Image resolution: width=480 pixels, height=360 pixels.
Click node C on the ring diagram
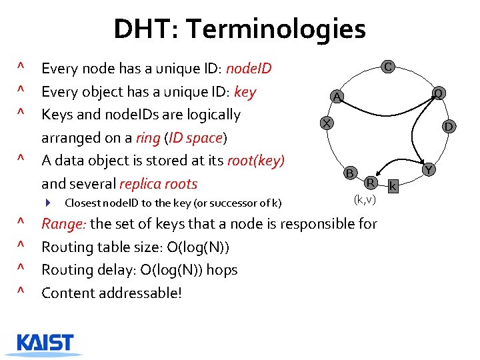point(387,66)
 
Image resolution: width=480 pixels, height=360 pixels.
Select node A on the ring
point(337,97)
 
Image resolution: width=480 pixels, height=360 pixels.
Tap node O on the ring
point(439,93)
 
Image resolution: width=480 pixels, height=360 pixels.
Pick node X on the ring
point(325,123)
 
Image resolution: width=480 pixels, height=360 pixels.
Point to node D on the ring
point(449,126)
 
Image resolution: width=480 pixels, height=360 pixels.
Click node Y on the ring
point(429,170)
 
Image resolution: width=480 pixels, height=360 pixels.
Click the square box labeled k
point(393,186)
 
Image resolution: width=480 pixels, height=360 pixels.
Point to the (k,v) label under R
point(365,199)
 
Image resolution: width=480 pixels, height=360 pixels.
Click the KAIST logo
point(45,343)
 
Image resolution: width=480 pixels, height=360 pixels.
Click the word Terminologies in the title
point(276,29)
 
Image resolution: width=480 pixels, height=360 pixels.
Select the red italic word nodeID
point(249,69)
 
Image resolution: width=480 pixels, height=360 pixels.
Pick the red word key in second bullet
point(245,92)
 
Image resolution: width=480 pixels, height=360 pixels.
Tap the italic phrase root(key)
point(256,161)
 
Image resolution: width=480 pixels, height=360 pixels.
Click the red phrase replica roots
point(158,184)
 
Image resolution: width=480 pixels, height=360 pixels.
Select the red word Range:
point(63,224)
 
